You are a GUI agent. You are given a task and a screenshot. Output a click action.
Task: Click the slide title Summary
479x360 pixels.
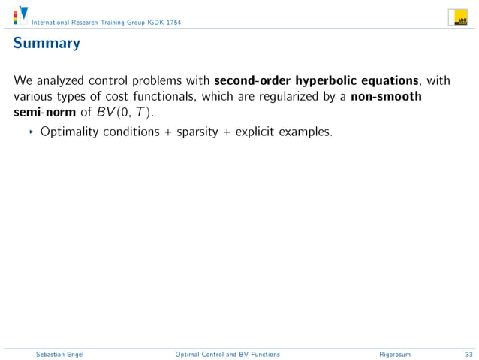[x=46, y=43]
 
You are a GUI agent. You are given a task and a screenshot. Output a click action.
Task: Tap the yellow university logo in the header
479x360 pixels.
[x=458, y=17]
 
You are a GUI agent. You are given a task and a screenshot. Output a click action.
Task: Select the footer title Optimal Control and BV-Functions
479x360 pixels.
[x=227, y=353]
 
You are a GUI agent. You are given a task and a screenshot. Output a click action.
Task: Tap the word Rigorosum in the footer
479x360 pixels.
[x=395, y=353]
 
